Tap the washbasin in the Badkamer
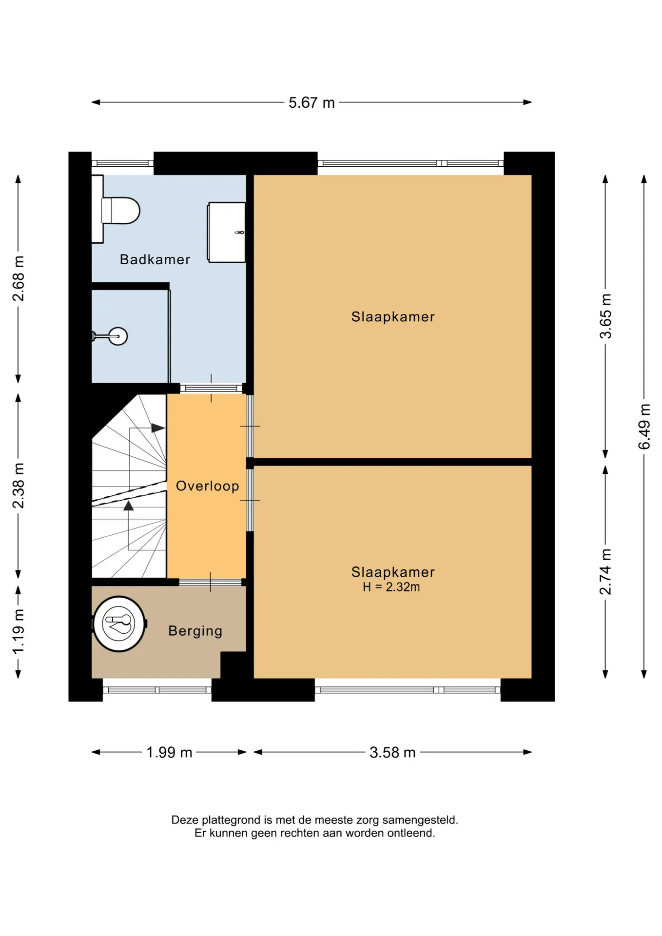[227, 233]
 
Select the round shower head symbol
[117, 336]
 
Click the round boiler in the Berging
[119, 624]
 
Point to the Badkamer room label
[155, 259]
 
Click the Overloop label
[207, 486]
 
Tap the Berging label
[195, 631]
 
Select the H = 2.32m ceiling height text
[391, 587]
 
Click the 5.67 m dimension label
[312, 103]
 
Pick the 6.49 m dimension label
[644, 427]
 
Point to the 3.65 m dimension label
[605, 316]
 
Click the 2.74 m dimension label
[605, 572]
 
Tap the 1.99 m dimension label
[169, 752]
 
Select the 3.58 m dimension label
[392, 752]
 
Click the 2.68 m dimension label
[18, 278]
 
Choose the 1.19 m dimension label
[18, 632]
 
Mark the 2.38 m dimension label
[18, 486]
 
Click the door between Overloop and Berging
[211, 582]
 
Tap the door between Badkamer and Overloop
[212, 389]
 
